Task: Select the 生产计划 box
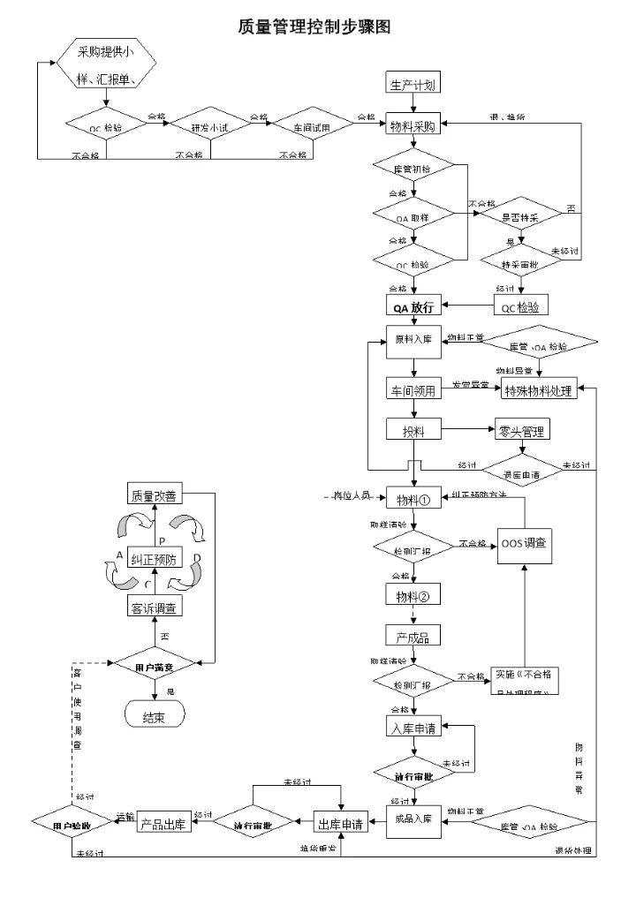click(x=413, y=85)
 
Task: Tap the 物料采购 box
click(x=413, y=127)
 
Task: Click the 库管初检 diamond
click(x=413, y=168)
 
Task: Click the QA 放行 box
click(x=413, y=306)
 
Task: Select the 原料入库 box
click(x=413, y=341)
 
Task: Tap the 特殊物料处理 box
click(x=539, y=390)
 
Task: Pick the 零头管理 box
click(x=521, y=432)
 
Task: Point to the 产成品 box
click(x=413, y=636)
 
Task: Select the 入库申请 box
click(x=413, y=728)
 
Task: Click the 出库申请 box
click(x=341, y=824)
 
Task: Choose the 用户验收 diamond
click(x=73, y=824)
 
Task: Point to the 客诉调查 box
click(x=155, y=608)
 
